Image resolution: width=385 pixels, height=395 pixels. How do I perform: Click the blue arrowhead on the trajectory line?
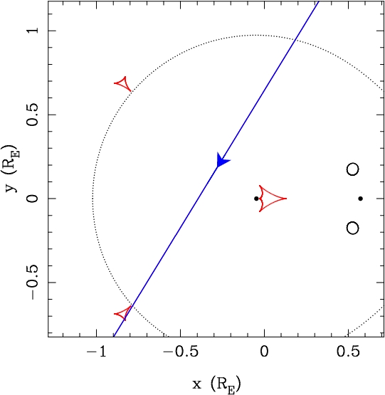click(222, 160)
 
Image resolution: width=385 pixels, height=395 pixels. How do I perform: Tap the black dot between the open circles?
click(361, 199)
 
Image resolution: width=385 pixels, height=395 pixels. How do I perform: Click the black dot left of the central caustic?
click(256, 199)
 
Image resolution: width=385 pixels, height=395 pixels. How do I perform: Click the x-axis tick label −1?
click(97, 352)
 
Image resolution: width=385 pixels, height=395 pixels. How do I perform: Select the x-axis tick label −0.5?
click(181, 352)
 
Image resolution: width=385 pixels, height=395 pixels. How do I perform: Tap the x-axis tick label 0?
click(264, 352)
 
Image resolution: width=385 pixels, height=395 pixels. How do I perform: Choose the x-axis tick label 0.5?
click(348, 352)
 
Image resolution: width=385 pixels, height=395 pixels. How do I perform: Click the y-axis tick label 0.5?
click(33, 115)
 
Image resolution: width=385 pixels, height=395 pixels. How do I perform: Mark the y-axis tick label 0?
click(33, 199)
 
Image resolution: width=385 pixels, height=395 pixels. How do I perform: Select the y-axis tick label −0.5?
click(33, 283)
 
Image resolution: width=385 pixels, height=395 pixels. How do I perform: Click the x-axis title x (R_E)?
click(216, 384)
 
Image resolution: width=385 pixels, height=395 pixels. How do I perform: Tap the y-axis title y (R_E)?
click(11, 169)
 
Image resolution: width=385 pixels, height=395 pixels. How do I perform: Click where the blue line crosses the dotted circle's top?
click(295, 39)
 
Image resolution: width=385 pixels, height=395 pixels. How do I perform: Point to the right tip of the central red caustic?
click(287, 199)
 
